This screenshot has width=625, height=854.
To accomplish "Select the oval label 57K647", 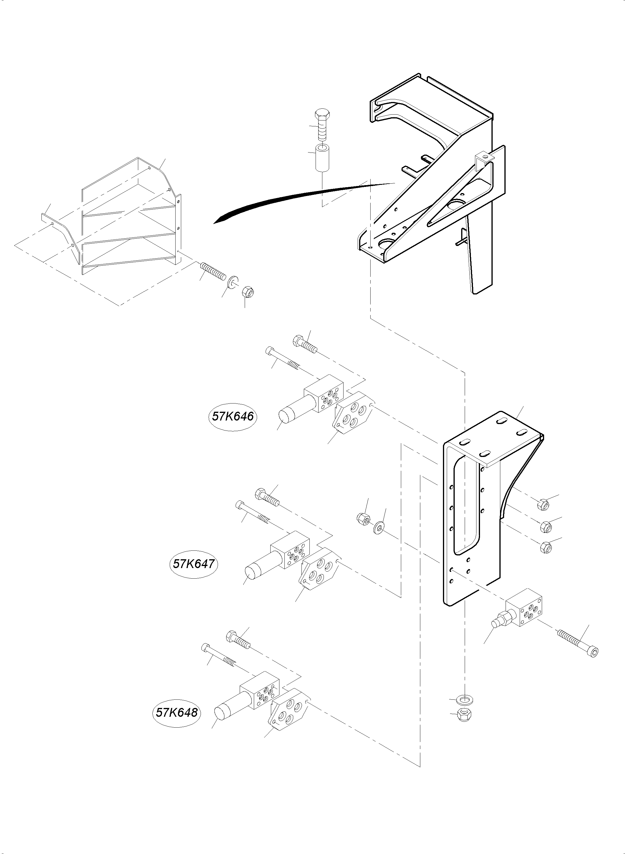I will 194,564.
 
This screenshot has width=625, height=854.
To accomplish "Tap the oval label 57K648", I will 177,713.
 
